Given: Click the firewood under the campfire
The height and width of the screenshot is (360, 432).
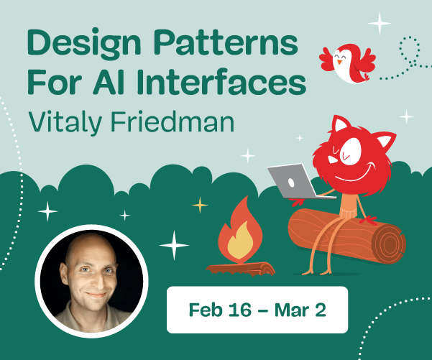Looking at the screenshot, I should [241, 268].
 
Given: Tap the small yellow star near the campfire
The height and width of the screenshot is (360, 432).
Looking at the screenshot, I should [200, 206].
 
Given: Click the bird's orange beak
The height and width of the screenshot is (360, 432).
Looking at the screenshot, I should [338, 62].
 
